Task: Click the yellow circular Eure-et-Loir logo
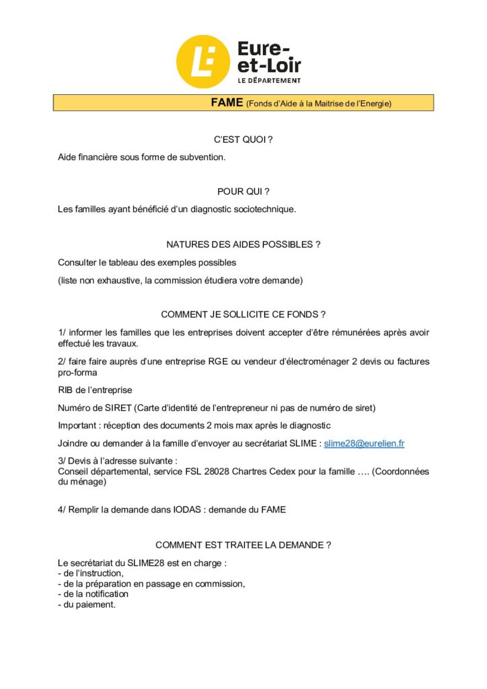coord(202,61)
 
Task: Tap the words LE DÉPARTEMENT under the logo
coord(269,80)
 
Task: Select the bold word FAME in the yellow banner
coord(227,103)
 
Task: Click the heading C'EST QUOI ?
coord(243,139)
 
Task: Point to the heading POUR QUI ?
coord(243,192)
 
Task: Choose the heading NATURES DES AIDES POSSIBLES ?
coord(243,244)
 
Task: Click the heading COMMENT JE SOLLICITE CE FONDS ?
coord(243,314)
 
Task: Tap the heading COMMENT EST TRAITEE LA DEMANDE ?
coord(243,544)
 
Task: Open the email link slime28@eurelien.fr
coord(364,443)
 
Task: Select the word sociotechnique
coord(261,209)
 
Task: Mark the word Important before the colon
coord(79,425)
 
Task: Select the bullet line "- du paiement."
coord(87,604)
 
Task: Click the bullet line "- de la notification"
coord(93,594)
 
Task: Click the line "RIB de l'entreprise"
coord(95,390)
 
